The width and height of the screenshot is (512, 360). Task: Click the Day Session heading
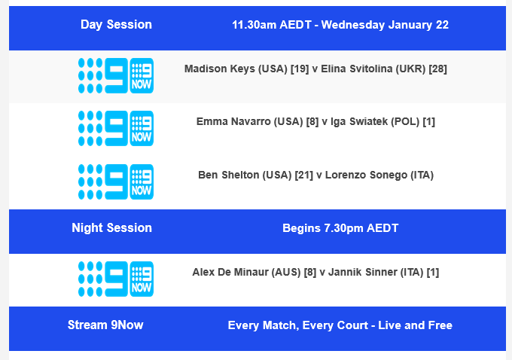tap(116, 25)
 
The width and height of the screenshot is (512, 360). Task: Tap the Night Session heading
tap(111, 228)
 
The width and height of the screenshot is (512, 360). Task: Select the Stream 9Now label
tap(105, 325)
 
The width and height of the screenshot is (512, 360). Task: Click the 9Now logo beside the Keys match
tap(115, 76)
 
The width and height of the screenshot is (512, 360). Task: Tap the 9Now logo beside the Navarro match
tap(115, 129)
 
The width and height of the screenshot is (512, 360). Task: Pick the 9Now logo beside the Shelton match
tap(115, 182)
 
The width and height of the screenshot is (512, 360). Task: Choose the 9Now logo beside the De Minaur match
tap(115, 279)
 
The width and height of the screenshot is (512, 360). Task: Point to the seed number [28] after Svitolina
tap(437, 69)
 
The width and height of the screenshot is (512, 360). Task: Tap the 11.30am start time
tap(254, 25)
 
